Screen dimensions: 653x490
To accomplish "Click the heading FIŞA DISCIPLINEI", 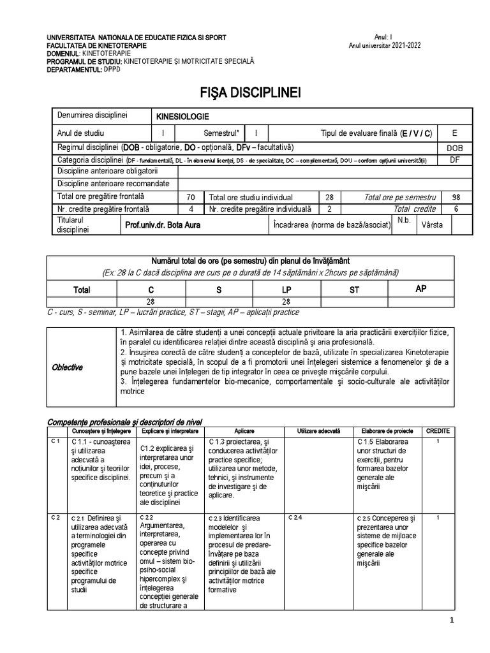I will point(244,93).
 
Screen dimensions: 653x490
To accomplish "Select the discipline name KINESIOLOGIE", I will point(182,117).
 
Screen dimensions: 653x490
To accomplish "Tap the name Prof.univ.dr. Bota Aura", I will point(163,224).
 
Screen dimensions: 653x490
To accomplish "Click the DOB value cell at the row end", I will point(455,147).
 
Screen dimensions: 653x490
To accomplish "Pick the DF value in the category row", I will point(455,159).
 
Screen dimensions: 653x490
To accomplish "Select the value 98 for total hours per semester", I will point(455,197).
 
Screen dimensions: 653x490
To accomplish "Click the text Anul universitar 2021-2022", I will point(385,45).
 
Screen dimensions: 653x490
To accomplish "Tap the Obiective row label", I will point(67,367).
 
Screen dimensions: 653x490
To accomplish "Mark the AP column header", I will point(421,289).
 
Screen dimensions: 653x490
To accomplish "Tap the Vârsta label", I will point(431,224).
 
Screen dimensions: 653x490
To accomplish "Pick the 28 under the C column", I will point(151,302).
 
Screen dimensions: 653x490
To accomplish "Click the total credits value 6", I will point(455,209).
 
